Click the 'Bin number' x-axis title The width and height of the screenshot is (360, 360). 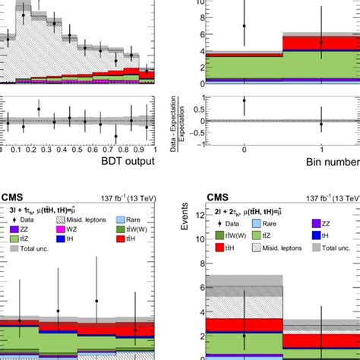(x=328, y=160)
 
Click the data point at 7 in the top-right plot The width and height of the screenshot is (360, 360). (x=244, y=25)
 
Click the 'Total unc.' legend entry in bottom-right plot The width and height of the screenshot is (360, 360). (x=327, y=248)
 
